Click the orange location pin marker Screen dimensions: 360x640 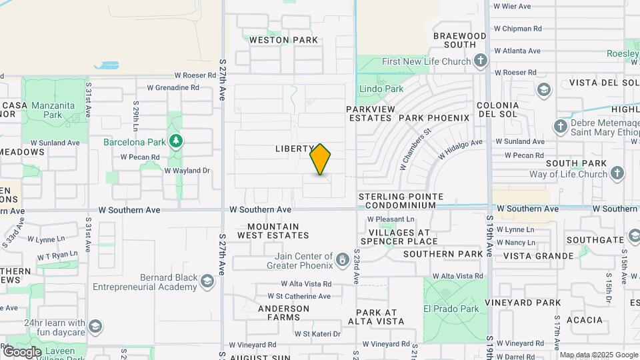(321, 159)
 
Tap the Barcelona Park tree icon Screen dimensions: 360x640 (175, 141)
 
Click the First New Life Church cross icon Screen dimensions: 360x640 (480, 61)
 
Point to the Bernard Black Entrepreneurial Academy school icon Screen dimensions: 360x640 (207, 283)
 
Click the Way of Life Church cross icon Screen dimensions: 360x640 (617, 174)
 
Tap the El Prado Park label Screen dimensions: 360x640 (451, 309)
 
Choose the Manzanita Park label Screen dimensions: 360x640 (51, 109)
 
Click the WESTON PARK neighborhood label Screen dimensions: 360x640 (283, 40)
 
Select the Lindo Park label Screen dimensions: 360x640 (381, 89)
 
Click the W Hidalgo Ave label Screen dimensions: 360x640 (460, 149)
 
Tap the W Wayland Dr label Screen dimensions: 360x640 (187, 171)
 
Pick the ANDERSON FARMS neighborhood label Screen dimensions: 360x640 (283, 313)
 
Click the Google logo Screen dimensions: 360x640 (22, 352)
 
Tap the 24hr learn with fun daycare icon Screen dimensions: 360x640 (95, 326)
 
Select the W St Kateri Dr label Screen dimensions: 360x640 (317, 334)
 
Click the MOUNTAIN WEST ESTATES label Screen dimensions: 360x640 (273, 231)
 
